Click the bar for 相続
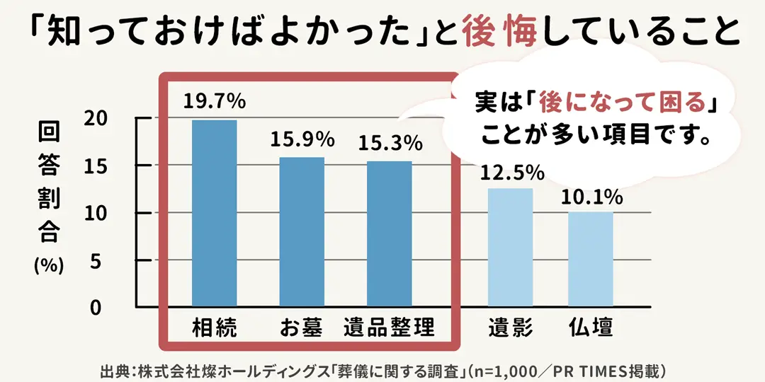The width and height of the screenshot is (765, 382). (215, 214)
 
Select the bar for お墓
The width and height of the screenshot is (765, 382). (302, 232)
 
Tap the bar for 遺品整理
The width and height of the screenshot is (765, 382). (389, 234)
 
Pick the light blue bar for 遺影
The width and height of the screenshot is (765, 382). (510, 248)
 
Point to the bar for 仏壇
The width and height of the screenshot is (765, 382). (591, 260)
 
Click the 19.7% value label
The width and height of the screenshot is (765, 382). (215, 102)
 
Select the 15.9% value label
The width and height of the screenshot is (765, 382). (302, 139)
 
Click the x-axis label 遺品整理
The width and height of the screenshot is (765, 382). (389, 328)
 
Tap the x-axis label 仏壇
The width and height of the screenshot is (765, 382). (591, 328)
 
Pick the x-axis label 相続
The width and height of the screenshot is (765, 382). (215, 328)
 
